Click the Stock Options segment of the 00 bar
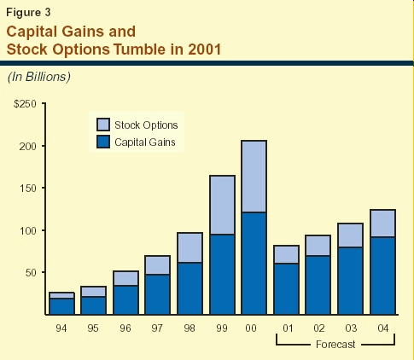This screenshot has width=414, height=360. pyautogui.click(x=254, y=177)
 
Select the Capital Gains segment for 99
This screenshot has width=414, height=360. pyautogui.click(x=222, y=275)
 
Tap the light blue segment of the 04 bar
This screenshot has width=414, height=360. pyautogui.click(x=382, y=224)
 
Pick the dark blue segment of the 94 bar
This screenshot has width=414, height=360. pyautogui.click(x=61, y=306)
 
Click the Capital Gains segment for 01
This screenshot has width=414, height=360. pyautogui.click(x=286, y=289)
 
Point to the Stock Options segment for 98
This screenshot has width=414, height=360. pyautogui.click(x=190, y=247)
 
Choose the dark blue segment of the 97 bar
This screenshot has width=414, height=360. pyautogui.click(x=157, y=294)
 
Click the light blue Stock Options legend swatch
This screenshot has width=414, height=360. pyautogui.click(x=103, y=125)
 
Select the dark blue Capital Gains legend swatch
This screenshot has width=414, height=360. pyautogui.click(x=103, y=142)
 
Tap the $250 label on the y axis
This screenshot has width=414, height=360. pyautogui.click(x=25, y=104)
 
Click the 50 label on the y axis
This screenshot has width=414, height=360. pyautogui.click(x=31, y=273)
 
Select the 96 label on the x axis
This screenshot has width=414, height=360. pyautogui.click(x=125, y=328)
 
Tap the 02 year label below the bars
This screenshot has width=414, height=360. pyautogui.click(x=319, y=328)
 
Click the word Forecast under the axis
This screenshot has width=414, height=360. pyautogui.click(x=335, y=345)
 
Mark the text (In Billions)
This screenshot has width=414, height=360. pyautogui.click(x=39, y=77)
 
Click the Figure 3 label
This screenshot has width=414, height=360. pyautogui.click(x=28, y=12)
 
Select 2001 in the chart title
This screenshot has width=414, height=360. pyautogui.click(x=204, y=49)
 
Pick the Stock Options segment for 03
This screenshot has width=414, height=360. pyautogui.click(x=350, y=235)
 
